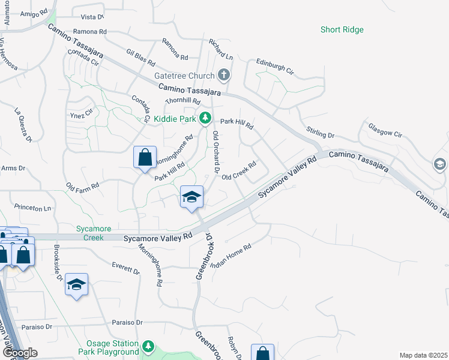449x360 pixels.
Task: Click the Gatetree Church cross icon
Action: coord(224,76)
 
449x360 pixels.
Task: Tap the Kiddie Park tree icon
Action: coord(205,117)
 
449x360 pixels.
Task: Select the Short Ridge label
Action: coord(342,29)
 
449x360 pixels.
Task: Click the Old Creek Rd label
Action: coord(239,170)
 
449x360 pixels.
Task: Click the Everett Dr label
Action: coord(126,268)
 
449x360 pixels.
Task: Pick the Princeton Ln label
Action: coord(33,208)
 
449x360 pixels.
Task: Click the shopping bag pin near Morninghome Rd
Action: coord(145,158)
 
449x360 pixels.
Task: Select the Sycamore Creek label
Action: coord(90,233)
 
